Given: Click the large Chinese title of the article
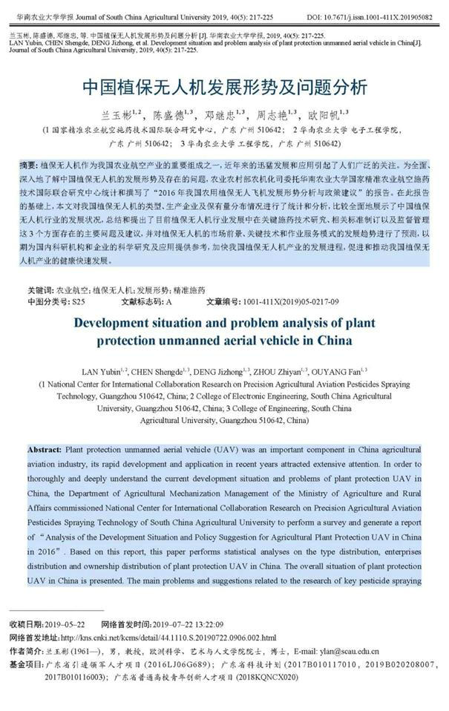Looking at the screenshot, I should click(224, 88).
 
